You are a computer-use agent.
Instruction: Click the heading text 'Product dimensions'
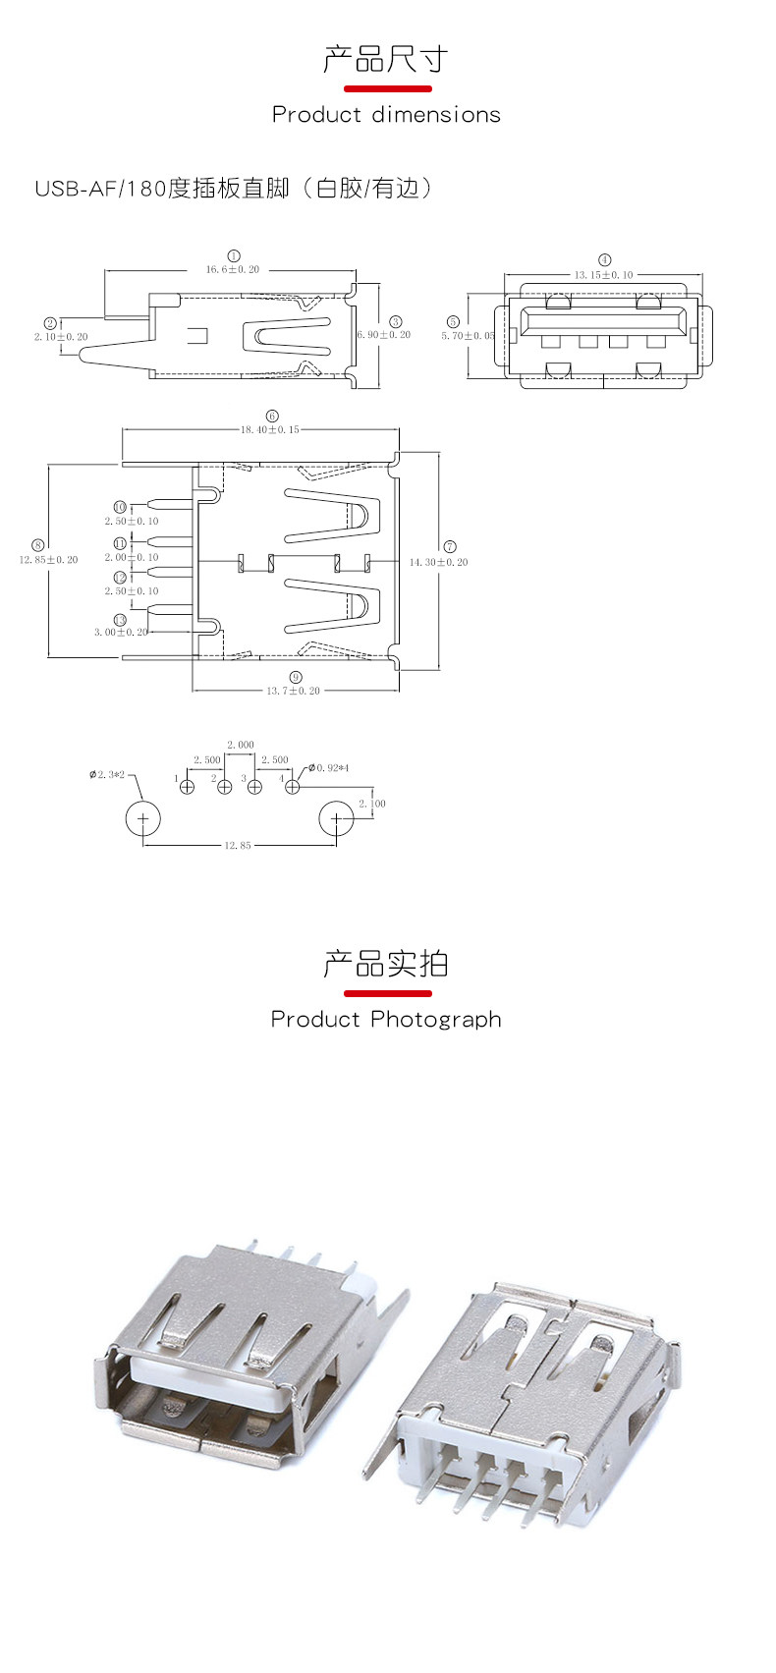coord(386,115)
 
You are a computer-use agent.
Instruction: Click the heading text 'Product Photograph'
coord(386,1020)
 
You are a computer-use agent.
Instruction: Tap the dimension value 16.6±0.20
coord(233,269)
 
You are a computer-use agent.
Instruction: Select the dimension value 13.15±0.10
coord(604,275)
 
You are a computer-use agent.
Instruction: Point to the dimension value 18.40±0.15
coord(270,429)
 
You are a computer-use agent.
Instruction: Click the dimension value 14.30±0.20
coord(438,562)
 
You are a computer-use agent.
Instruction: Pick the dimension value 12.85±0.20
coord(49,560)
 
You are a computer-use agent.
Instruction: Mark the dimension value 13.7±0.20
coord(294,691)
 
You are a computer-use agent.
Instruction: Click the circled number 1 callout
coord(234,255)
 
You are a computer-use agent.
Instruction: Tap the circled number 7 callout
coord(450,546)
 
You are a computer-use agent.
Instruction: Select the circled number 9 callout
coord(296,677)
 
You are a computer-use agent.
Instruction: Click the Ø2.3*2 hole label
coord(107,775)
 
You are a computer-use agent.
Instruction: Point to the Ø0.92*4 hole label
coord(328,767)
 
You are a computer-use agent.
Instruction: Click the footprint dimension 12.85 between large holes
coord(238,845)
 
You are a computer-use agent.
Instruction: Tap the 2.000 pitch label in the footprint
coord(241,745)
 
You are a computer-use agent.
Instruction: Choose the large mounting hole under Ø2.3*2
coord(143,818)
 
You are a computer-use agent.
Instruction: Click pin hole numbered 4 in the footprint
coord(292,787)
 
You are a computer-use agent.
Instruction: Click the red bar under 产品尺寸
coord(386,88)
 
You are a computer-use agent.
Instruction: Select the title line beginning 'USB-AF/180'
coord(233,188)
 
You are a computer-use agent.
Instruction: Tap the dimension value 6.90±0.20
coord(384,335)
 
